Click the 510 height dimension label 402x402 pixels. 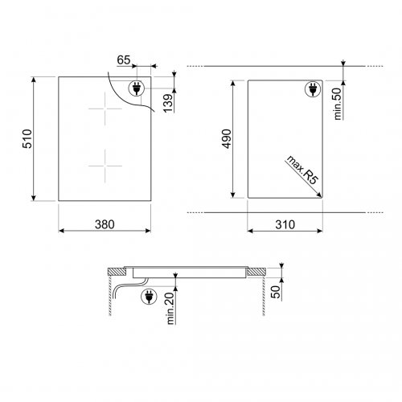pos(27,138)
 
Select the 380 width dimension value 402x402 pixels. pos(105,224)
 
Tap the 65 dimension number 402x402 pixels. pos(124,60)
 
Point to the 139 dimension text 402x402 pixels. pos(169,103)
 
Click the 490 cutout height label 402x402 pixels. pos(227,138)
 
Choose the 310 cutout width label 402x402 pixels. pos(285,224)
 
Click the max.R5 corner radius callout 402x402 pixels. pos(302,170)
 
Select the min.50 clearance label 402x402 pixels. pos(338,104)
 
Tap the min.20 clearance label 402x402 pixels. pos(170,308)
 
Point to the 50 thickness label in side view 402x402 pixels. pos(276,292)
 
